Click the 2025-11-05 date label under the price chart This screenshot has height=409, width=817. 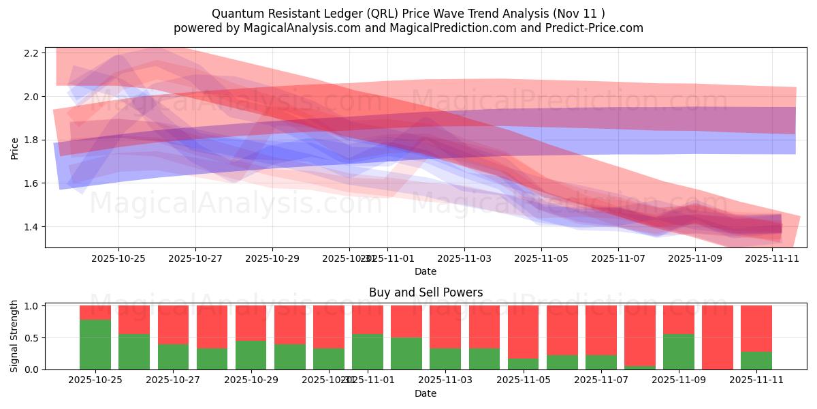click(x=541, y=258)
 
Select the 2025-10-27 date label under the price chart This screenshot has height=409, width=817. click(x=195, y=258)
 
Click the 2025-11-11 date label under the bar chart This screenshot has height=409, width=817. click(x=756, y=380)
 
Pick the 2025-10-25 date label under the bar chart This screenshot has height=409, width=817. click(x=95, y=380)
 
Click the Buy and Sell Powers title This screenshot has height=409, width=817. click(x=426, y=292)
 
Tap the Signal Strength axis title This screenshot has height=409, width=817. click(x=14, y=337)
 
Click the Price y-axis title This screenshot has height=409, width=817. click(x=14, y=147)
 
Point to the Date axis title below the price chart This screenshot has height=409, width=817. click(x=426, y=271)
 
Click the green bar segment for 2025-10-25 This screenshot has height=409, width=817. click(x=95, y=344)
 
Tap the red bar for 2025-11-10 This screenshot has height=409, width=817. click(x=718, y=337)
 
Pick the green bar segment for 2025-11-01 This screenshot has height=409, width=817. click(x=368, y=352)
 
